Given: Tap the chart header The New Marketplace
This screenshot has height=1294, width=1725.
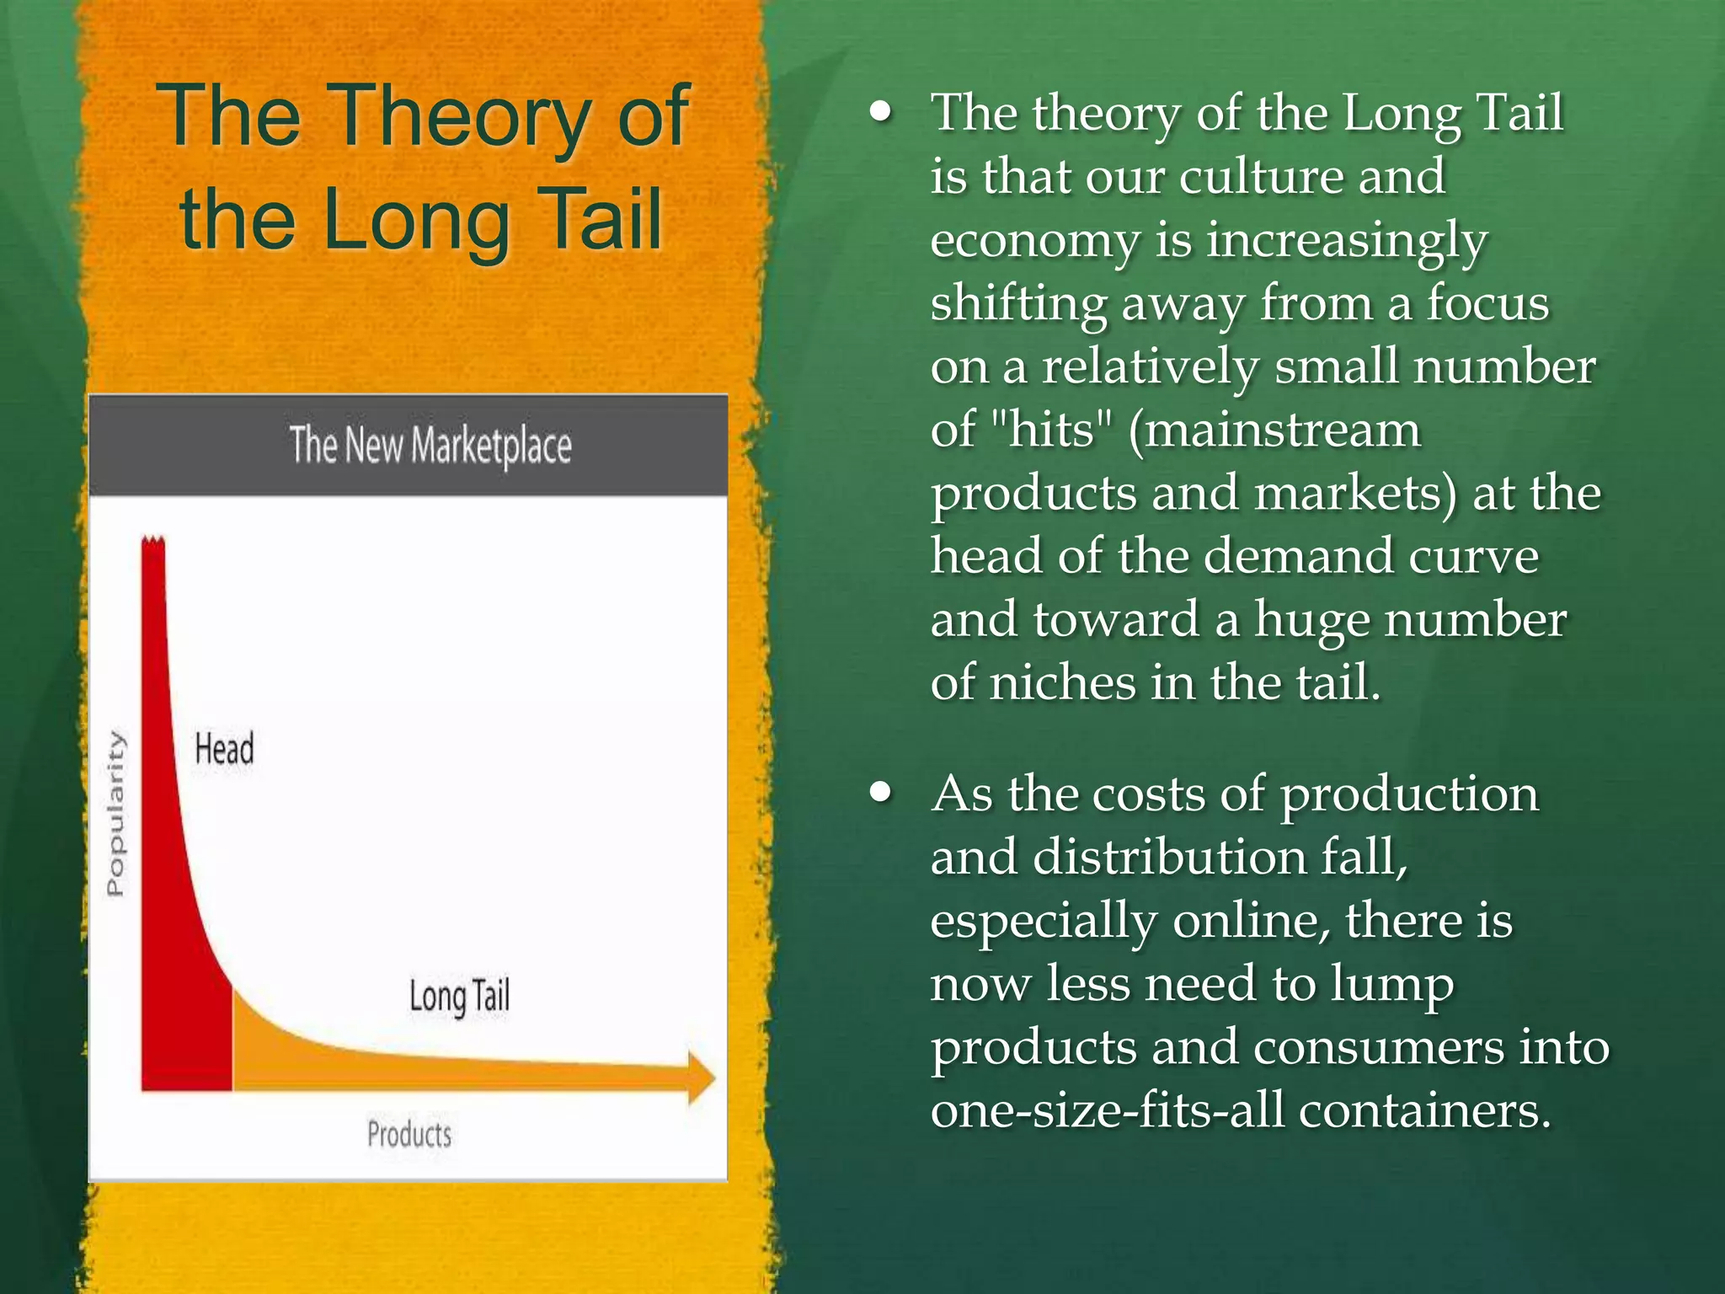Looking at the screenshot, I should click(x=430, y=445).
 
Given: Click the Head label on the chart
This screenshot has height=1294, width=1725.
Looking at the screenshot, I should click(x=224, y=749).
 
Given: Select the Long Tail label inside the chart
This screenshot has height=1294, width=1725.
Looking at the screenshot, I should click(x=459, y=997).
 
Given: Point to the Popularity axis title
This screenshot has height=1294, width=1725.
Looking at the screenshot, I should click(x=115, y=814).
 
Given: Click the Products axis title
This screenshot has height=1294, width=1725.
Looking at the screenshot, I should click(x=409, y=1134).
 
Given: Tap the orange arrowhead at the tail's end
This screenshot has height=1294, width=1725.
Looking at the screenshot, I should click(x=701, y=1077).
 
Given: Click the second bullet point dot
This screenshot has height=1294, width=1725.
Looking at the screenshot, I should click(x=881, y=792).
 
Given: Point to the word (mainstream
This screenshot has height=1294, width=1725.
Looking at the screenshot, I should click(x=1274, y=430).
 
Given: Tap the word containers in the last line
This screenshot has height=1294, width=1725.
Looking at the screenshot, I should click(x=1423, y=1110).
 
